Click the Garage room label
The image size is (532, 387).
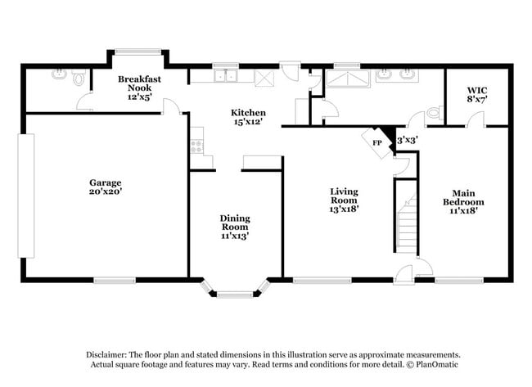[106, 182]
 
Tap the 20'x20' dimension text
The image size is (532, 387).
[106, 191]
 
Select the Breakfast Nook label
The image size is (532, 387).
[138, 83]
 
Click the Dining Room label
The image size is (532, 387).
[235, 223]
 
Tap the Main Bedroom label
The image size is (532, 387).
[463, 197]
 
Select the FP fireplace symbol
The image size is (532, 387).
[377, 142]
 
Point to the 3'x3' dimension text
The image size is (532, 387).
[407, 140]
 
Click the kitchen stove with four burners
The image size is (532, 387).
[196, 146]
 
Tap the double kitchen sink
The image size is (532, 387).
[223, 76]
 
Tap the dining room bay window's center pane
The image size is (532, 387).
[236, 291]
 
